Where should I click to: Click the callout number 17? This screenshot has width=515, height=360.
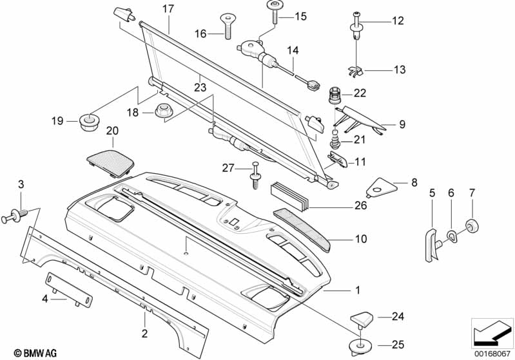(x=168, y=9)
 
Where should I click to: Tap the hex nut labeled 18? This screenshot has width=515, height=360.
(x=161, y=111)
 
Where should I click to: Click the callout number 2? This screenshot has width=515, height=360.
(x=144, y=334)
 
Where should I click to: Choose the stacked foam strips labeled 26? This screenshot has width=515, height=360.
(x=289, y=196)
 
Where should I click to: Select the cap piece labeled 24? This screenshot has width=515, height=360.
(x=362, y=319)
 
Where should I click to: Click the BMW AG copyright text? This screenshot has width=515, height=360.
(x=35, y=353)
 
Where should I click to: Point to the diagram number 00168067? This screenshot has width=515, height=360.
(x=492, y=354)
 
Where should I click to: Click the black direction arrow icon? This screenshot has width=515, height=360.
(x=492, y=333)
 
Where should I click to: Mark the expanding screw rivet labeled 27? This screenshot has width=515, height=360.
(x=255, y=176)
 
